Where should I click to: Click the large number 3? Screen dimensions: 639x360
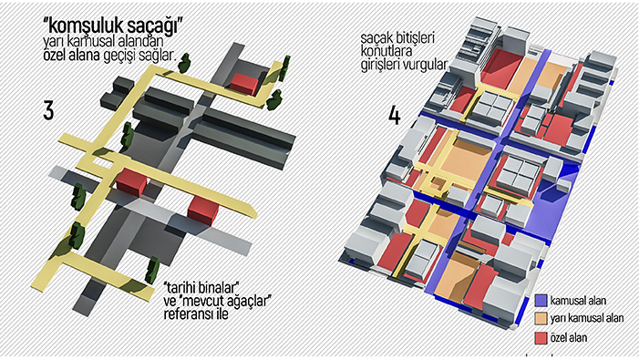tap(48, 110)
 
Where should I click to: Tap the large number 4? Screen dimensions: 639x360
tap(395, 115)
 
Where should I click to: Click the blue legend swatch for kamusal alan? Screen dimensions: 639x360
tap(541, 301)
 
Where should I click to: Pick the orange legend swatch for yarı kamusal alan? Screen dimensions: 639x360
tap(541, 319)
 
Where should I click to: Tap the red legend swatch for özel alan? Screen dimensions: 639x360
tap(541, 337)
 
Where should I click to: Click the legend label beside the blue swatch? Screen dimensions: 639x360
tap(578, 301)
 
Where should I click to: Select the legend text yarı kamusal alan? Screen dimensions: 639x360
tap(586, 318)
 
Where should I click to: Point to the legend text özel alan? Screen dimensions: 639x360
tap(569, 337)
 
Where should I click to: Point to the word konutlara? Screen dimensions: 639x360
tap(386, 52)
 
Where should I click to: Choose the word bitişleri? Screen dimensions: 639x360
tap(413, 38)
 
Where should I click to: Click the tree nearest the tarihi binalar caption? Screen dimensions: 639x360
tap(152, 270)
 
